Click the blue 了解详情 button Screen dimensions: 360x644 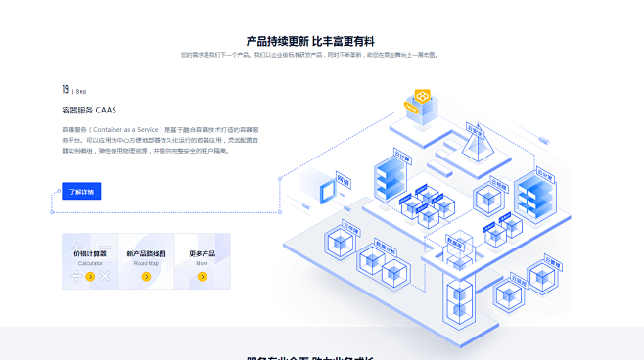[81, 191]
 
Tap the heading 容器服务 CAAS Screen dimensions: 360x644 [89, 111]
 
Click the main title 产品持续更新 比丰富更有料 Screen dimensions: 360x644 [310, 41]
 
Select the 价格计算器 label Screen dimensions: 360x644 [90, 254]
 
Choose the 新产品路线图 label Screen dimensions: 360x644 [146, 254]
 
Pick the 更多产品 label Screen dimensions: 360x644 [202, 254]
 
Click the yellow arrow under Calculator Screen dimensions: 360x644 [90, 277]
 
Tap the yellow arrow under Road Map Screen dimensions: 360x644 [146, 277]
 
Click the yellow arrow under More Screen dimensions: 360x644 [202, 277]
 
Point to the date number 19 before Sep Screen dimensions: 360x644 [66, 89]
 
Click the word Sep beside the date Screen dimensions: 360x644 [81, 92]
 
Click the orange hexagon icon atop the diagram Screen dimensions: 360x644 [423, 97]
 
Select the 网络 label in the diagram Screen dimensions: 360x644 [344, 178]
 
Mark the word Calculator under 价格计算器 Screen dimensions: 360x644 [90, 263]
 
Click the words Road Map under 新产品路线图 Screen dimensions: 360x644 [146, 263]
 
